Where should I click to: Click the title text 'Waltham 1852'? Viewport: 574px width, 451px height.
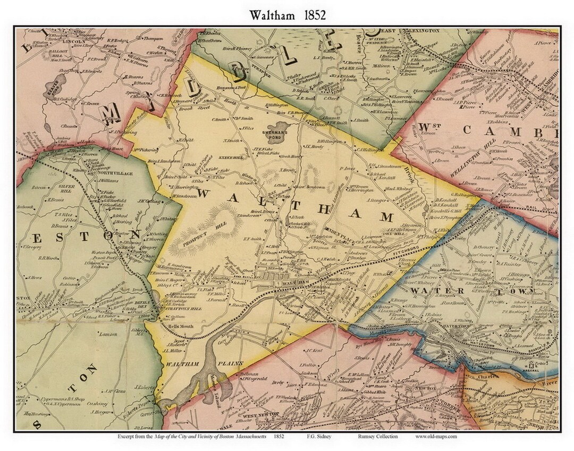tap(287, 15)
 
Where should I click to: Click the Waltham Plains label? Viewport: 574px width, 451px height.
tap(188, 363)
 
